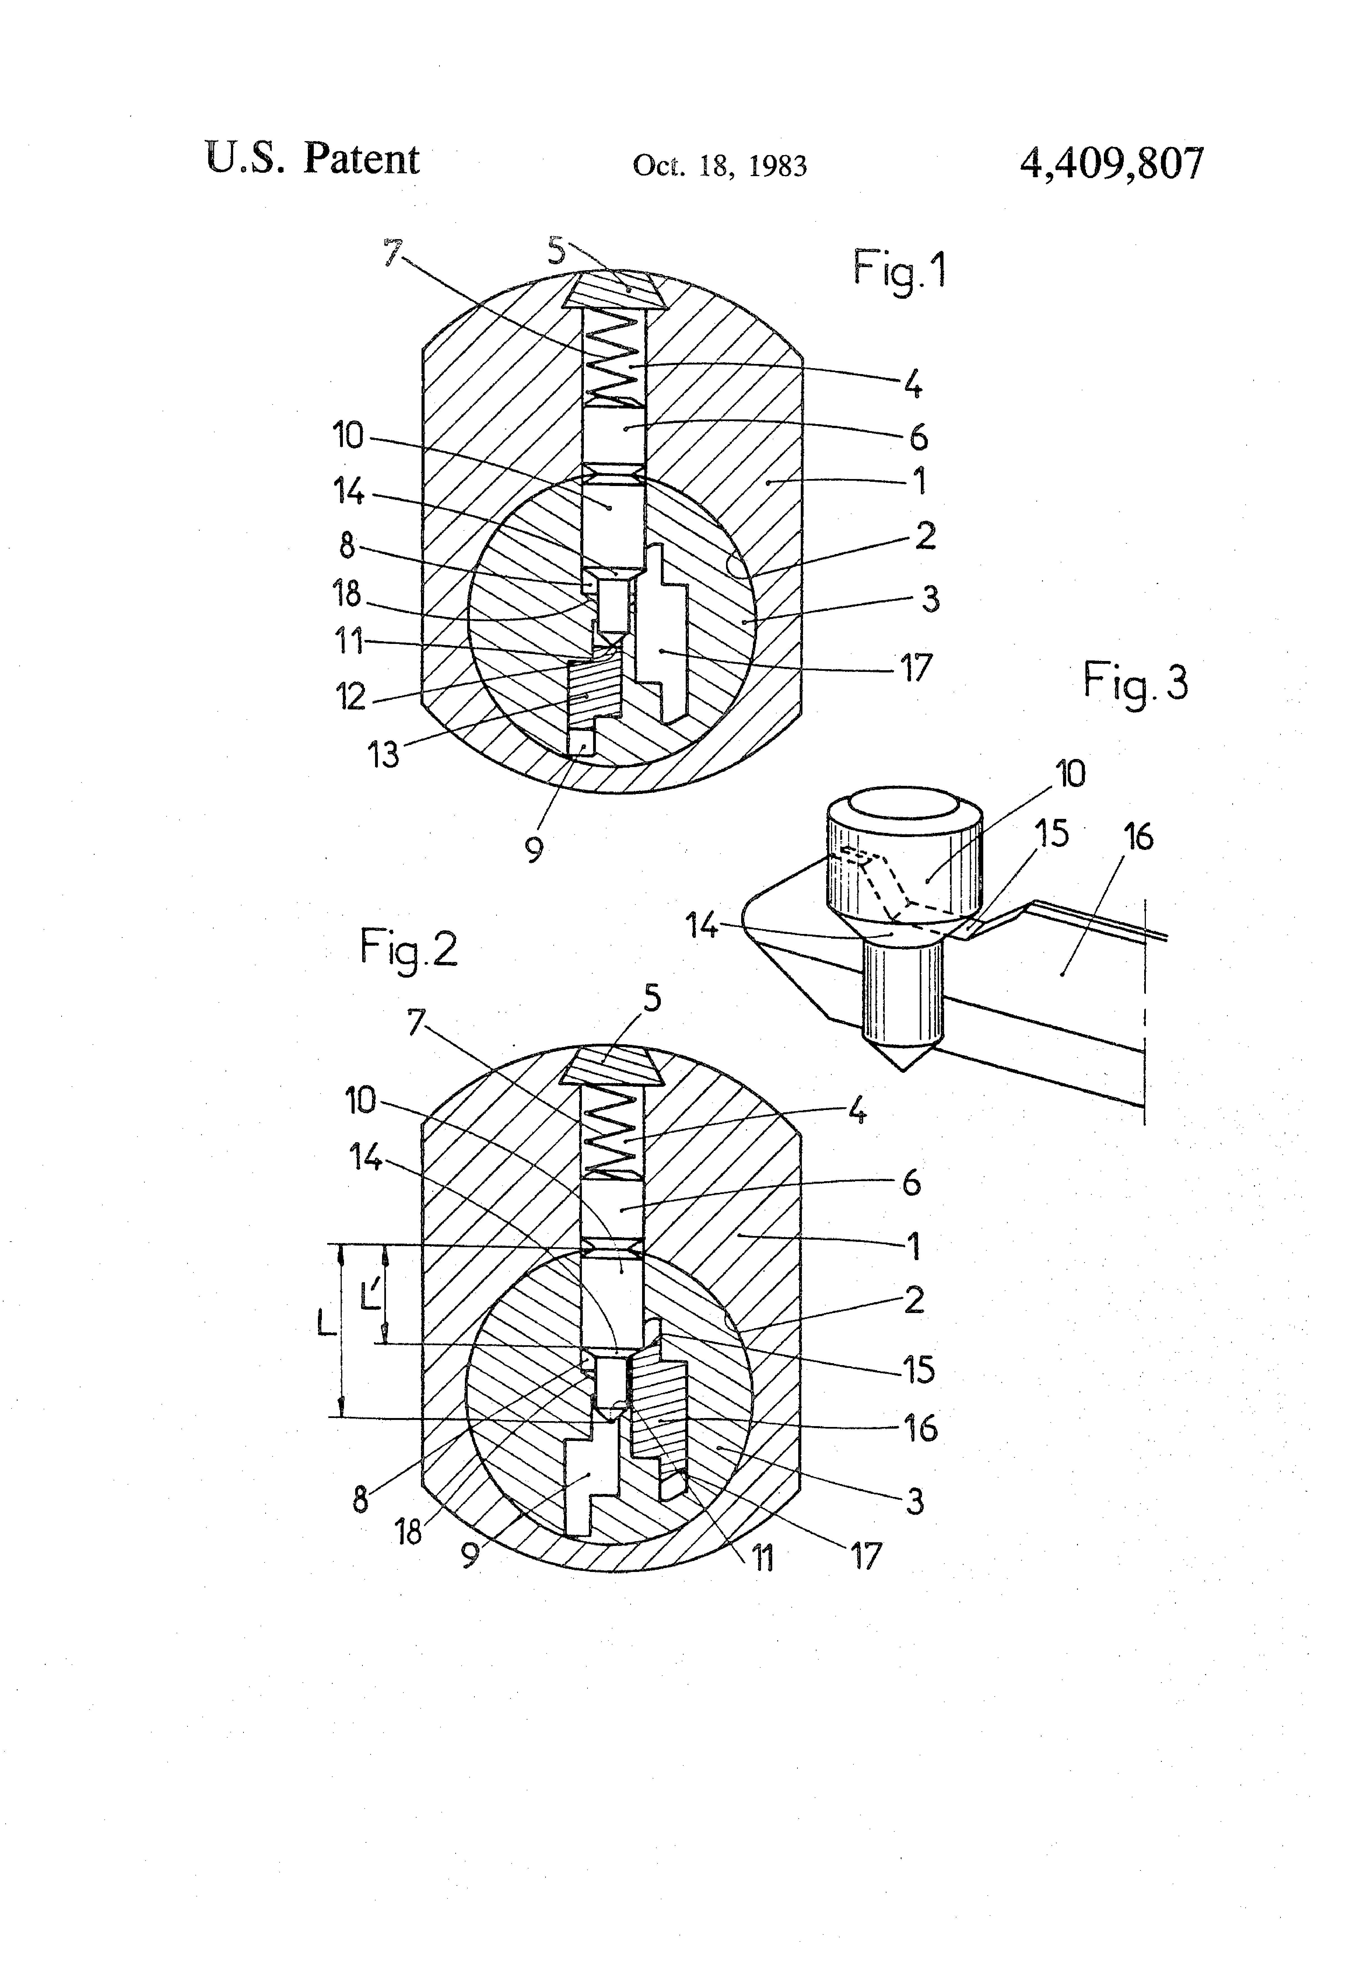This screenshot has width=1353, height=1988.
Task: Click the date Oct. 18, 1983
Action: click(719, 165)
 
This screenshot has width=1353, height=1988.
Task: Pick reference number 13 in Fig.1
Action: click(383, 754)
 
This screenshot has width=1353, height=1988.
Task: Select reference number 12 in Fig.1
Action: click(351, 697)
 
